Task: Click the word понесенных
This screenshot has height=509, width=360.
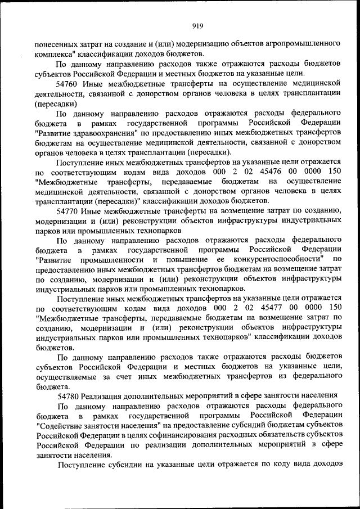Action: pos(56,43)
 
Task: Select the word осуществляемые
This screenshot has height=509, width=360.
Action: pos(65,377)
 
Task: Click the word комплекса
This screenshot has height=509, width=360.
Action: pos(52,53)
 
